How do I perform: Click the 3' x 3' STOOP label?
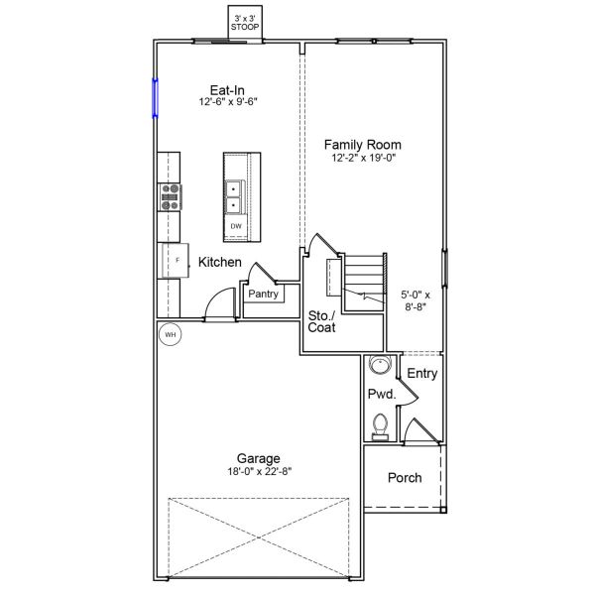244,23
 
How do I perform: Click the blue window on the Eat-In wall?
155,98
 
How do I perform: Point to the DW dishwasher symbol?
236,226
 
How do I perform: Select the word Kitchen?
220,263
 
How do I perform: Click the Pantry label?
263,294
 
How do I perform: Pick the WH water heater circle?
170,335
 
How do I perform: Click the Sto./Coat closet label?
321,320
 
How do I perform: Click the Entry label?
422,373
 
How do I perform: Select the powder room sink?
378,366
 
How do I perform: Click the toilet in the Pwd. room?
378,426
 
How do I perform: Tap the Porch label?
404,478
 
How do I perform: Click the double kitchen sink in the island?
236,196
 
